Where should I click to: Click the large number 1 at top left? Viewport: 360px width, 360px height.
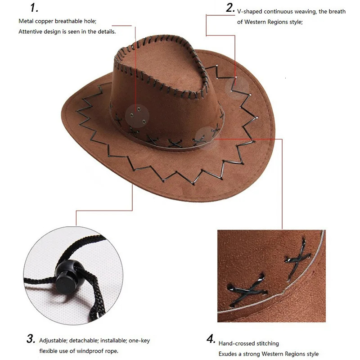click(x=35, y=8)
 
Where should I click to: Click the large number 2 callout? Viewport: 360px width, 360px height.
click(x=230, y=8)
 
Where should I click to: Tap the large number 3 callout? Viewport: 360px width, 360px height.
click(x=31, y=338)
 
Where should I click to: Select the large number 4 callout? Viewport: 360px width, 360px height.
click(x=211, y=339)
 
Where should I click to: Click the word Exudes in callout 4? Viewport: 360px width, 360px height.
click(x=227, y=354)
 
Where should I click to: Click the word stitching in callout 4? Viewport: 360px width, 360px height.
click(x=268, y=343)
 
